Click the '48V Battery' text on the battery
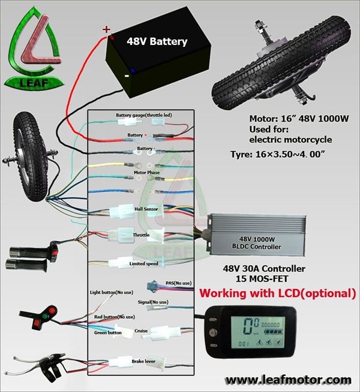(x=156, y=42)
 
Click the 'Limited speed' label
(x=144, y=263)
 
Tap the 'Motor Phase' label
(x=146, y=171)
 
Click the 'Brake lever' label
(x=145, y=361)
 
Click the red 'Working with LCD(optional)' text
(x=277, y=294)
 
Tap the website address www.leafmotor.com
(x=289, y=379)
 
